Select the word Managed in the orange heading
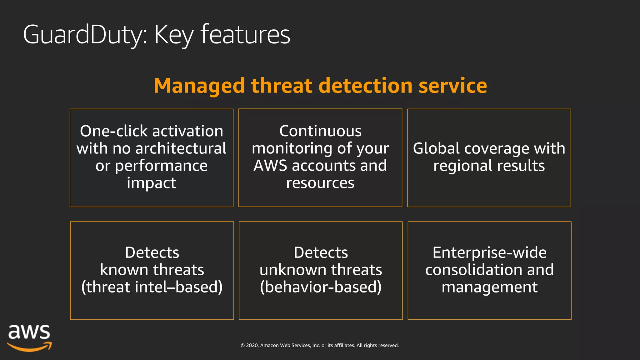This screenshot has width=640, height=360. point(199,86)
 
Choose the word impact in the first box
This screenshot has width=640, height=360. point(152,183)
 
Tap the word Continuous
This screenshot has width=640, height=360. point(320,131)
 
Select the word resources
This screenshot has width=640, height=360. point(320,183)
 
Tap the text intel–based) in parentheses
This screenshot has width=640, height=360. point(178,287)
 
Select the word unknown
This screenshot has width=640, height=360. point(292,270)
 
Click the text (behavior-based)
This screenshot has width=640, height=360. point(321,287)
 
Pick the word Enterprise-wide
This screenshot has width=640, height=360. point(489,252)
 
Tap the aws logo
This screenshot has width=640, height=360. point(29,337)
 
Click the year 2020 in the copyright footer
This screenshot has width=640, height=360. point(252,346)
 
